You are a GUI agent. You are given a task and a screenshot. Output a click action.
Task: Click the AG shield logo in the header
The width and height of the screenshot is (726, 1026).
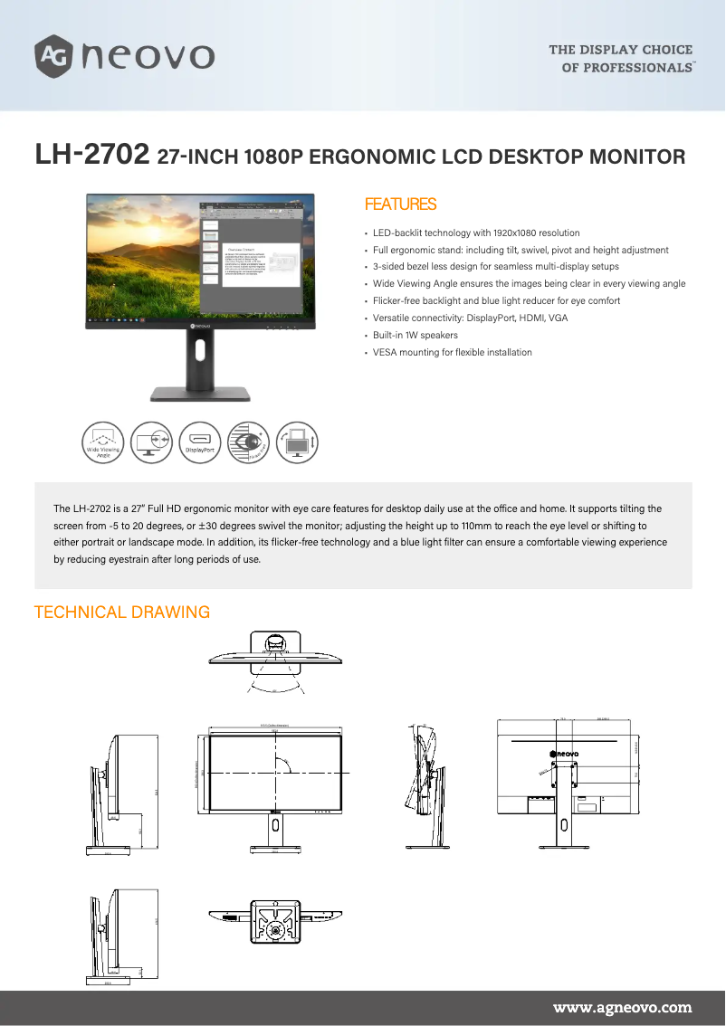(53, 55)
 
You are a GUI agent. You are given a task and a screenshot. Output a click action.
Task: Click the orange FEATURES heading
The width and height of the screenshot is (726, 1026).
(399, 204)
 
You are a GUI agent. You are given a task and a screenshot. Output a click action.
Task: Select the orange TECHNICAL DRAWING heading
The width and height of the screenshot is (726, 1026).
(121, 613)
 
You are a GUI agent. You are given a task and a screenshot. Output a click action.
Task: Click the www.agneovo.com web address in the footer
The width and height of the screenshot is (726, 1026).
(622, 1007)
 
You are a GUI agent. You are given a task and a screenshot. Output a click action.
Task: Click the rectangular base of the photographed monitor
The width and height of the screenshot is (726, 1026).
(200, 394)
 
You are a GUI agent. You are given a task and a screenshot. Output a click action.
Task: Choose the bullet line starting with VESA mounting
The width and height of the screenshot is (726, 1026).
(452, 353)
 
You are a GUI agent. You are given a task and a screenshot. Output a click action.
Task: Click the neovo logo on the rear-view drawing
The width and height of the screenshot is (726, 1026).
(565, 753)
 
